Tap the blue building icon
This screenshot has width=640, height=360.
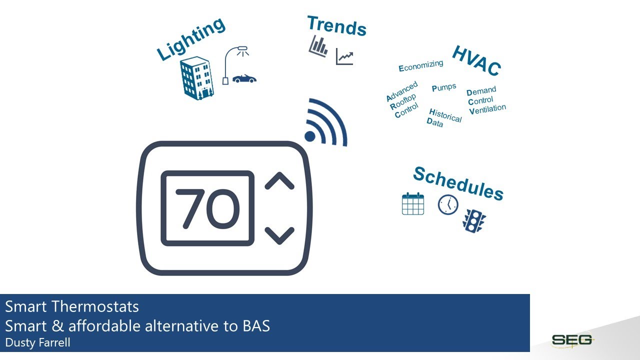tap(196, 78)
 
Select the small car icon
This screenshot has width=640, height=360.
tap(244, 79)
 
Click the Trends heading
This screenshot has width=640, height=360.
tap(336, 25)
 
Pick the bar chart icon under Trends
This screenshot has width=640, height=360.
tap(318, 45)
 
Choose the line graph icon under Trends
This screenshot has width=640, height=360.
tap(344, 56)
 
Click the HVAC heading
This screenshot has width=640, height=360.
tap(476, 61)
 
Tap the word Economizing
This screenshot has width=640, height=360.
tap(421, 65)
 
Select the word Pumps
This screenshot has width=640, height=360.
tap(444, 87)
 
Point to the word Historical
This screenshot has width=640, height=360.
tap(445, 115)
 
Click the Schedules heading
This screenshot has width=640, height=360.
tap(458, 183)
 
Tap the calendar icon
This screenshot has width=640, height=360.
tap(413, 204)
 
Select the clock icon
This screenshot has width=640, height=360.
tap(448, 204)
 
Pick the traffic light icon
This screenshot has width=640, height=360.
tap(474, 220)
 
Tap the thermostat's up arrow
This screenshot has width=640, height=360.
tap(279, 181)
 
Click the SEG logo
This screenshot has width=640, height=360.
tap(572, 340)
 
